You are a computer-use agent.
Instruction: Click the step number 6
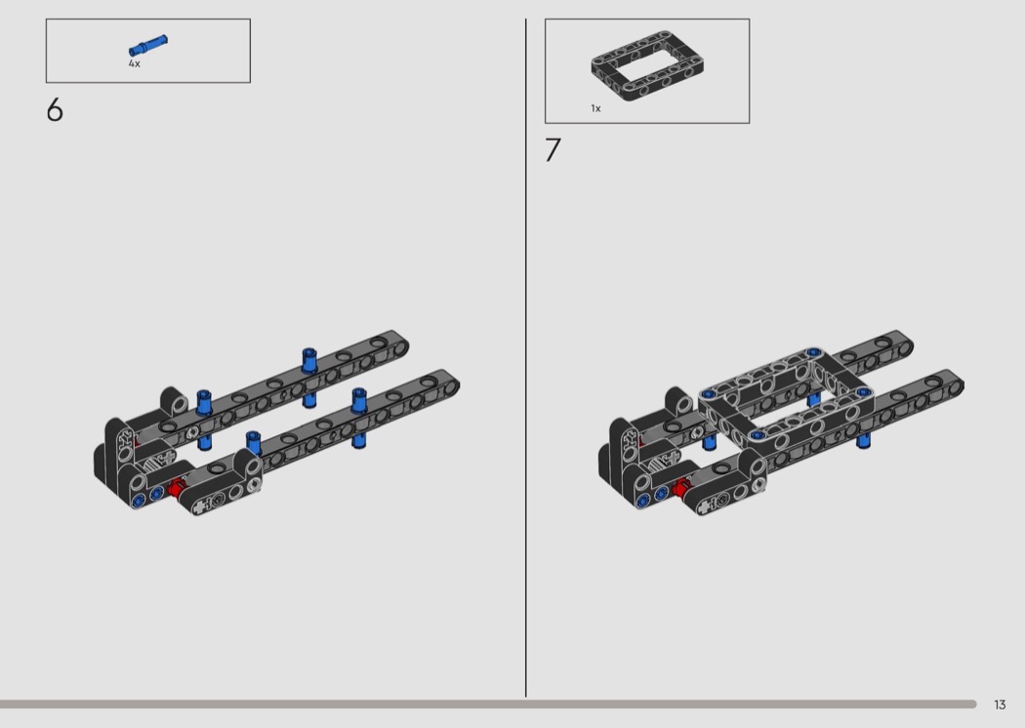[x=55, y=110]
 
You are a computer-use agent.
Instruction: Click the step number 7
[x=553, y=150]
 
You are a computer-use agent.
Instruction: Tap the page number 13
[x=1000, y=705]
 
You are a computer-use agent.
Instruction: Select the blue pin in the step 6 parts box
[x=147, y=46]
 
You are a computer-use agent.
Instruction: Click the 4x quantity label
[x=134, y=63]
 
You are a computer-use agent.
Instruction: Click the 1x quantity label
[x=595, y=108]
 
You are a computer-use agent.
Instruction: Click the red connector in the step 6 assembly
[x=176, y=487]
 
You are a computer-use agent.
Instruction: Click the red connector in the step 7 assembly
[x=680, y=486]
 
